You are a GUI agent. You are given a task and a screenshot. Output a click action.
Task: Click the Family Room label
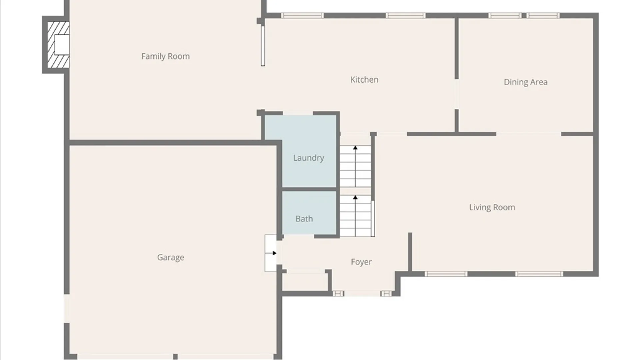point(165,56)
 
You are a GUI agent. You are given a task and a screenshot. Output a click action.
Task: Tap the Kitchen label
point(364,80)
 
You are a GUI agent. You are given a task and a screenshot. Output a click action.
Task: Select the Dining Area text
point(525,82)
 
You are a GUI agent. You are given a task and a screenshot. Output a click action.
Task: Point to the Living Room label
point(492,207)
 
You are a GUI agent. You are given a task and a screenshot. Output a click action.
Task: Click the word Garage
point(171,257)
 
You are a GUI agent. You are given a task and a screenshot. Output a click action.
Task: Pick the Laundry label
point(308,158)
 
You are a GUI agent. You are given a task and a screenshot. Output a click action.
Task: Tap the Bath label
point(304,219)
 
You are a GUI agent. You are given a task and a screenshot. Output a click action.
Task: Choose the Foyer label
point(361,262)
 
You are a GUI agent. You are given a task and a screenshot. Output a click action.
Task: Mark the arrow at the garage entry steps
point(274,253)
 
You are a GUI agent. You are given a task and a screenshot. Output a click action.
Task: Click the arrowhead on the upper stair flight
point(355,148)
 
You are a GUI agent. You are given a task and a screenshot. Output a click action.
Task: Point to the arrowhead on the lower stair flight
point(355,198)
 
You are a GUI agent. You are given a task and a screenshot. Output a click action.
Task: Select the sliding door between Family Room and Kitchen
point(263,46)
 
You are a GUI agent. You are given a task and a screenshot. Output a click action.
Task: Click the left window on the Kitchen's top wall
point(302,15)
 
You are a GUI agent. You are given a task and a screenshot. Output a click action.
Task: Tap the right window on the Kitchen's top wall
point(405,15)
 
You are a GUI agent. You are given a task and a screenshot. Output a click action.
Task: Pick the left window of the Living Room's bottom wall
point(446,274)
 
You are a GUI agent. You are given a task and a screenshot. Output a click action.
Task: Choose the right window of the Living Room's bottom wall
point(539,274)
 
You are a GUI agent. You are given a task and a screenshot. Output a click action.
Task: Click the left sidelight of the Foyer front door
point(338,293)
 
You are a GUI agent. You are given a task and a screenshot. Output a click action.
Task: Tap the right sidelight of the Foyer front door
point(386,293)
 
